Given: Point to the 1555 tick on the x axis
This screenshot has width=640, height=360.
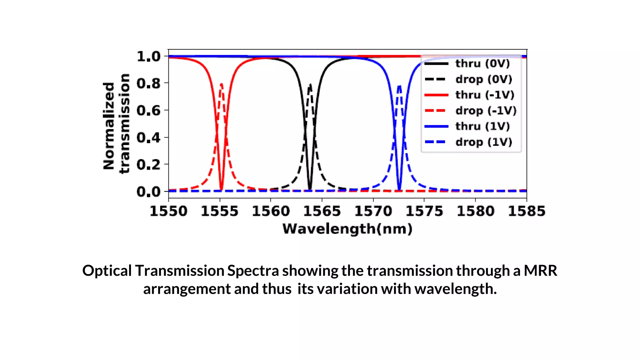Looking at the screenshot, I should pos(220,211).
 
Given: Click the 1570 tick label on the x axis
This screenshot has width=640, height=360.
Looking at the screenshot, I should pos(373,211).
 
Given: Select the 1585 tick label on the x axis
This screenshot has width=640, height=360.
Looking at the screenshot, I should pos(527,211).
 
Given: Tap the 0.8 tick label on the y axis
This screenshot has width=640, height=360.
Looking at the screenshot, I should pos(148,84).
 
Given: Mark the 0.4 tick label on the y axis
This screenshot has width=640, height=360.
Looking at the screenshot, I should pos(148,137).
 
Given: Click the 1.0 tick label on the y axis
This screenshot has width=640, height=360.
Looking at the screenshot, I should pos(148,57).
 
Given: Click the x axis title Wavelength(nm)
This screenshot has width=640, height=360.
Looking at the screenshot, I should pos(347,229).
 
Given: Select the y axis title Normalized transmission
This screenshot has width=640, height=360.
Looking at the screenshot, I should pos(116,124).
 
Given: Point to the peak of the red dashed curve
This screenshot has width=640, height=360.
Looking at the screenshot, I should pos(222,84).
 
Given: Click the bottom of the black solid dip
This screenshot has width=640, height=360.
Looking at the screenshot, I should pos(310,189).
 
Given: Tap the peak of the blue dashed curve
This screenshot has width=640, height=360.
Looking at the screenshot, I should pos(399,86).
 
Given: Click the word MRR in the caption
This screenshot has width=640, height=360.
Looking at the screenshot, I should pos(540,271).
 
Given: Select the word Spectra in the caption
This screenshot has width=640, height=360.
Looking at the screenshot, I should pos(253,271).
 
